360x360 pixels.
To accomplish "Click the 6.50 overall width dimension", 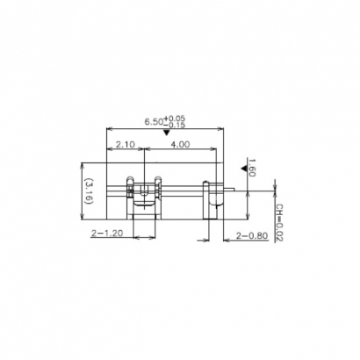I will (155, 122).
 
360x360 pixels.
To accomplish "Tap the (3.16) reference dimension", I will (88, 191).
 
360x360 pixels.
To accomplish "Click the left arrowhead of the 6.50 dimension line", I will (108, 131).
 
